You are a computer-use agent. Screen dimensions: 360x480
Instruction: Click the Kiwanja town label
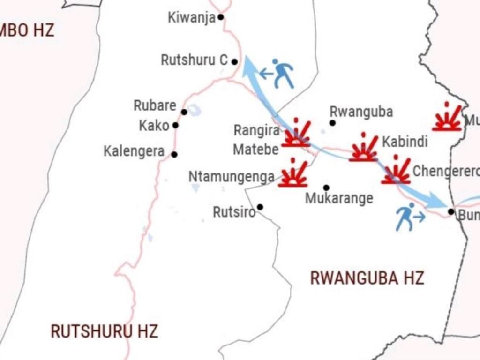pyautogui.click(x=191, y=18)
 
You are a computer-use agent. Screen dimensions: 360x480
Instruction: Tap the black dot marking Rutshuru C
pyautogui.click(x=234, y=61)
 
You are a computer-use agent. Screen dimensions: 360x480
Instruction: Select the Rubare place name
pyautogui.click(x=155, y=105)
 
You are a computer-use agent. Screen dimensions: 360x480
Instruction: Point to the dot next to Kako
pyautogui.click(x=175, y=125)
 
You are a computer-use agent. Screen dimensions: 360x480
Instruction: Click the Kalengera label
pyautogui.click(x=134, y=151)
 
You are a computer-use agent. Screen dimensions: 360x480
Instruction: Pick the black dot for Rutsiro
pyautogui.click(x=260, y=207)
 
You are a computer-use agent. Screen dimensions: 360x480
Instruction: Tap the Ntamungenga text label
pyautogui.click(x=231, y=177)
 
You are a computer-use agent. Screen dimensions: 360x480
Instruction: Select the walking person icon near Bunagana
pyautogui.click(x=406, y=217)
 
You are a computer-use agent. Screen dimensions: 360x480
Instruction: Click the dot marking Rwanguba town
pyautogui.click(x=332, y=123)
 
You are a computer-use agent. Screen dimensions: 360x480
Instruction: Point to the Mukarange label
pyautogui.click(x=339, y=198)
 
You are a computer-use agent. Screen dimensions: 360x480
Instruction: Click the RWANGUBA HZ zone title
pyautogui.click(x=367, y=278)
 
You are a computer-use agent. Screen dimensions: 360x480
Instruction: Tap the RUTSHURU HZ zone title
pyautogui.click(x=104, y=331)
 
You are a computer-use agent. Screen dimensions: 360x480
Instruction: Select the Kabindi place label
pyautogui.click(x=405, y=142)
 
